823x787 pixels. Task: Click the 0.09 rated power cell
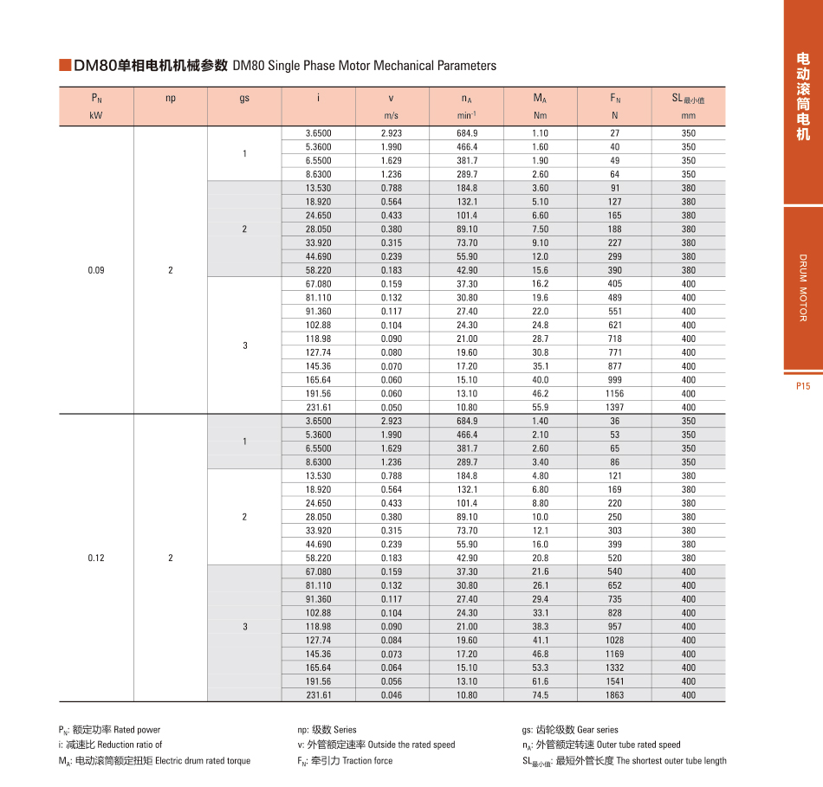[96, 270]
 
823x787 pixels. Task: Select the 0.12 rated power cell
[96, 558]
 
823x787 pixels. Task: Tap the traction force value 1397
[615, 407]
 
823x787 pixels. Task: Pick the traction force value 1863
[615, 695]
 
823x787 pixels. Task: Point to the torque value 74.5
[540, 695]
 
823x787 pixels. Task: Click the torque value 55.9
[540, 407]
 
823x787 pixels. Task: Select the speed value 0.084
[391, 641]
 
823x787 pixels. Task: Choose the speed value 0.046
[391, 695]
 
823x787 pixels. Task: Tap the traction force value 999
[615, 380]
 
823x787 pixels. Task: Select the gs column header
[244, 98]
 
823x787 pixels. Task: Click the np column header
[170, 98]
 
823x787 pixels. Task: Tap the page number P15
[802, 386]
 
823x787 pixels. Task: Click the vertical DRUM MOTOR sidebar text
[802, 287]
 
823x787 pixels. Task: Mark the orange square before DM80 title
[64, 66]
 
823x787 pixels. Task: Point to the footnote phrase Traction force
[367, 761]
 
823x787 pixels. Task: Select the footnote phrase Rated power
[137, 730]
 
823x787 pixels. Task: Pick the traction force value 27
[615, 133]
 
